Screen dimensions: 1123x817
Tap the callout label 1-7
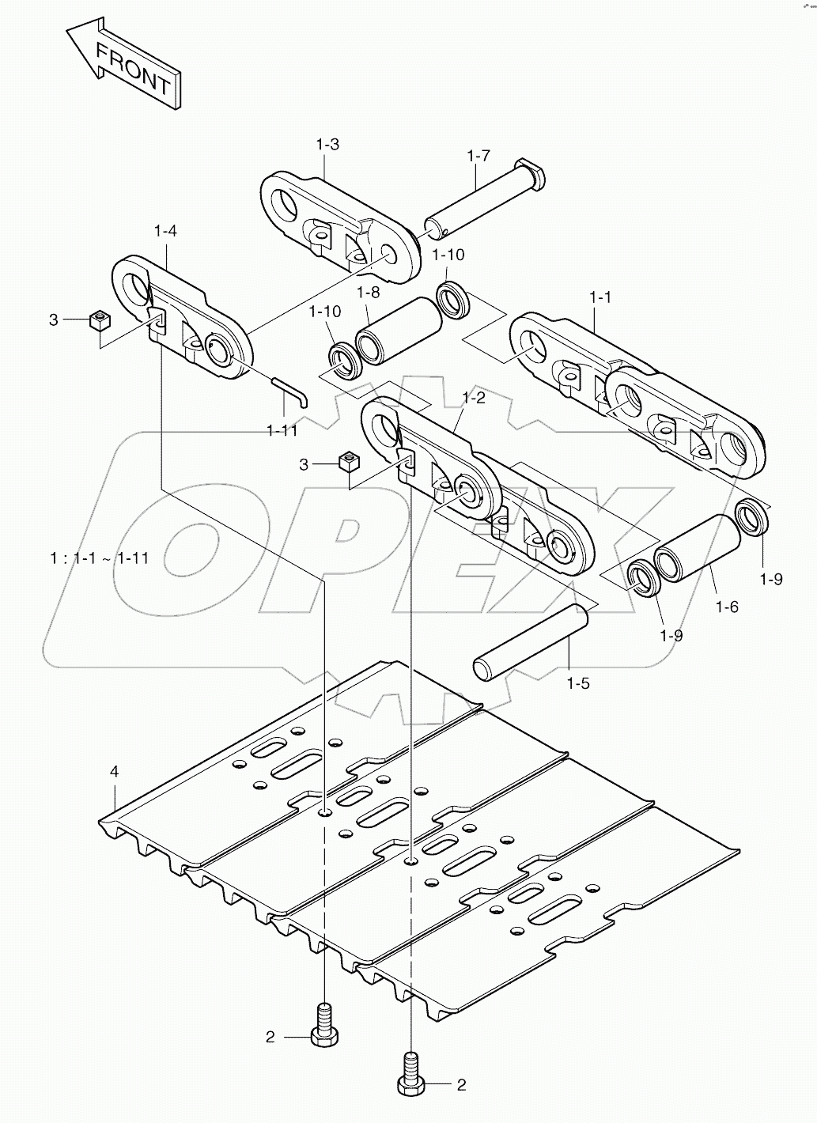tap(478, 156)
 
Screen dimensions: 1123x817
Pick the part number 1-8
tap(368, 293)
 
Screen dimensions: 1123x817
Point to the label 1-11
tap(282, 430)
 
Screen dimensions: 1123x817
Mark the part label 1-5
tap(578, 682)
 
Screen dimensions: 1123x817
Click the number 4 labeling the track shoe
tap(115, 771)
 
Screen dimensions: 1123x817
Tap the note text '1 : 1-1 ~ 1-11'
tap(98, 558)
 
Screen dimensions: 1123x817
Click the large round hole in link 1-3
tap(285, 203)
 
